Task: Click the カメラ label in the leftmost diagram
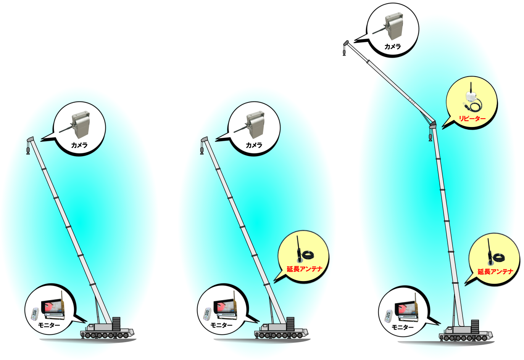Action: click(x=79, y=145)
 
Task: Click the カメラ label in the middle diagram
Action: click(x=254, y=145)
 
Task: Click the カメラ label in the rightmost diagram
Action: click(x=392, y=47)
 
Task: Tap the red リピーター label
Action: click(x=472, y=119)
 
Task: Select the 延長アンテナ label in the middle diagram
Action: click(x=305, y=269)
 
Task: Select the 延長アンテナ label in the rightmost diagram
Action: click(x=495, y=272)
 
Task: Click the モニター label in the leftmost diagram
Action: click(x=49, y=325)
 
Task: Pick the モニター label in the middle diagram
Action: click(x=221, y=325)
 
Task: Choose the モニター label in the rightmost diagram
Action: click(x=403, y=327)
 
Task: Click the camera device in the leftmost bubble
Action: click(x=80, y=124)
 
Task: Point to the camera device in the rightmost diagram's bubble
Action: click(x=393, y=26)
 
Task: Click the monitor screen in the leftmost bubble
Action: click(x=53, y=307)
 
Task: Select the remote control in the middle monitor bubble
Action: click(x=208, y=313)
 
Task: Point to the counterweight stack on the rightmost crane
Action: click(x=475, y=326)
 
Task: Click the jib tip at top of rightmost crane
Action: click(x=346, y=43)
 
